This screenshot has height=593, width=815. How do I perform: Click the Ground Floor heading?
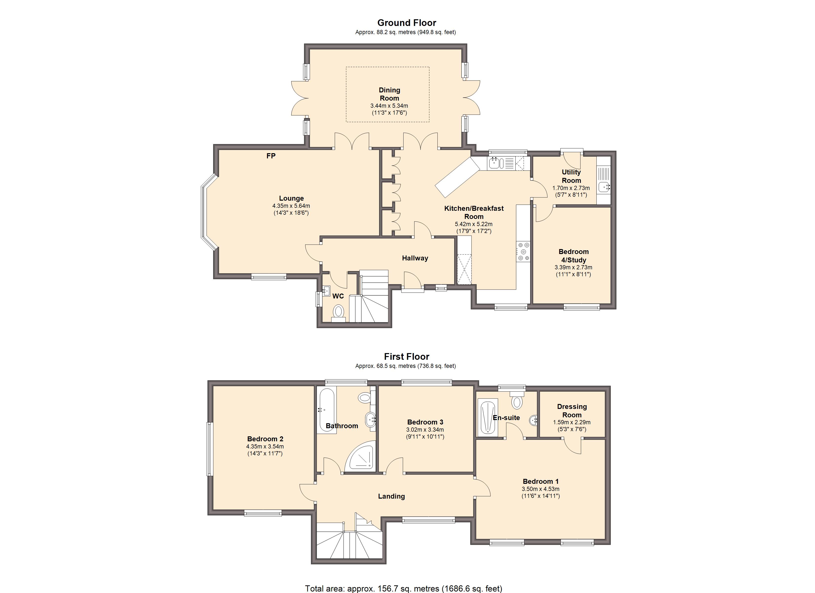click(407, 23)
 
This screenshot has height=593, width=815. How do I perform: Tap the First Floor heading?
click(407, 357)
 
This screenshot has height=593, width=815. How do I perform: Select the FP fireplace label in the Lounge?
click(271, 156)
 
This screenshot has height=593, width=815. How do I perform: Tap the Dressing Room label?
click(572, 411)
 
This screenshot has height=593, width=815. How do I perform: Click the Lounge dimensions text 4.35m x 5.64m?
click(291, 206)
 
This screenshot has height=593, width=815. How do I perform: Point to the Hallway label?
click(415, 258)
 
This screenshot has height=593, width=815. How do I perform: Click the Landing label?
click(391, 496)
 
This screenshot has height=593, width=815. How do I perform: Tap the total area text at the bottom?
click(404, 588)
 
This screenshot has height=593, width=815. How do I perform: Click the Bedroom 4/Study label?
click(573, 256)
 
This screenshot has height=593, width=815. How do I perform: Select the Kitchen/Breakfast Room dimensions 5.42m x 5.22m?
click(474, 224)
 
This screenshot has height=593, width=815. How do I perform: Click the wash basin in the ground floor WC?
click(326, 291)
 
